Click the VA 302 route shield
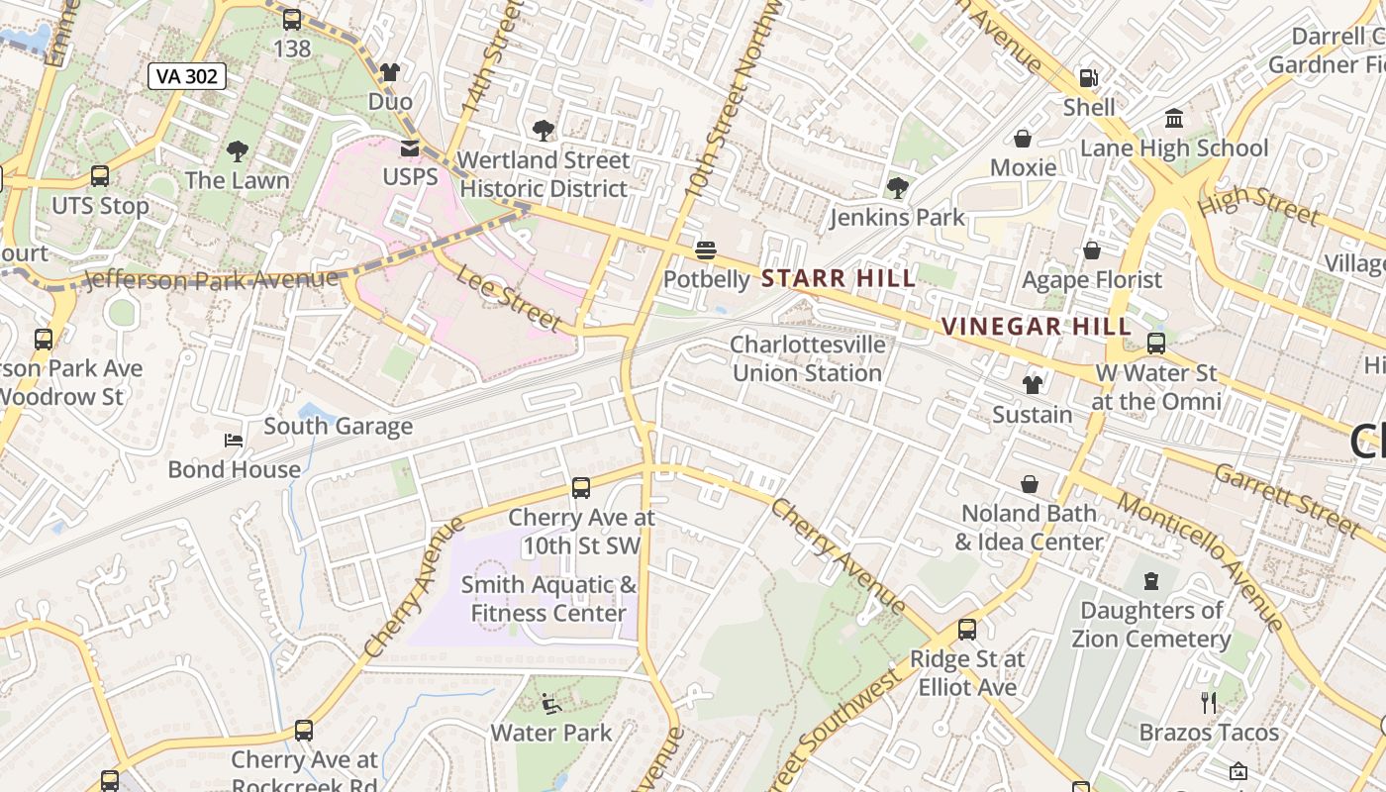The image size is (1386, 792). click(187, 76)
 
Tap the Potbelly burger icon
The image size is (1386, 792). click(706, 249)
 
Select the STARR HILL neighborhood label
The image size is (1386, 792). click(840, 279)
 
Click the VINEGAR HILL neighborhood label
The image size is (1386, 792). click(1036, 327)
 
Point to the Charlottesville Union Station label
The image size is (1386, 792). click(807, 358)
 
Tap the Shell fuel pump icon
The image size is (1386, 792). click(1088, 77)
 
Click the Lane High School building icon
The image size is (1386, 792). click(1174, 119)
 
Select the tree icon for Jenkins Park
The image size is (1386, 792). click(897, 187)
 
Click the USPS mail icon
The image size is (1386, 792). click(409, 148)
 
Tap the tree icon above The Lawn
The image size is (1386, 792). click(237, 151)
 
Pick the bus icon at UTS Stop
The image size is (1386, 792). click(100, 176)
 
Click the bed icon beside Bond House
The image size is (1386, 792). click(234, 440)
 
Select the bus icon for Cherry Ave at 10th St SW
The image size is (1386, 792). click(581, 487)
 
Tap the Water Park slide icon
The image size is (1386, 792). click(551, 704)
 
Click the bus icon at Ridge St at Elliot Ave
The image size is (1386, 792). click(967, 630)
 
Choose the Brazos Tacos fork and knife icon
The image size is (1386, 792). click(1208, 703)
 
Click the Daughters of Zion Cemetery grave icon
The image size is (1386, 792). click(1150, 581)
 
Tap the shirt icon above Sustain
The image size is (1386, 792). click(1033, 384)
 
